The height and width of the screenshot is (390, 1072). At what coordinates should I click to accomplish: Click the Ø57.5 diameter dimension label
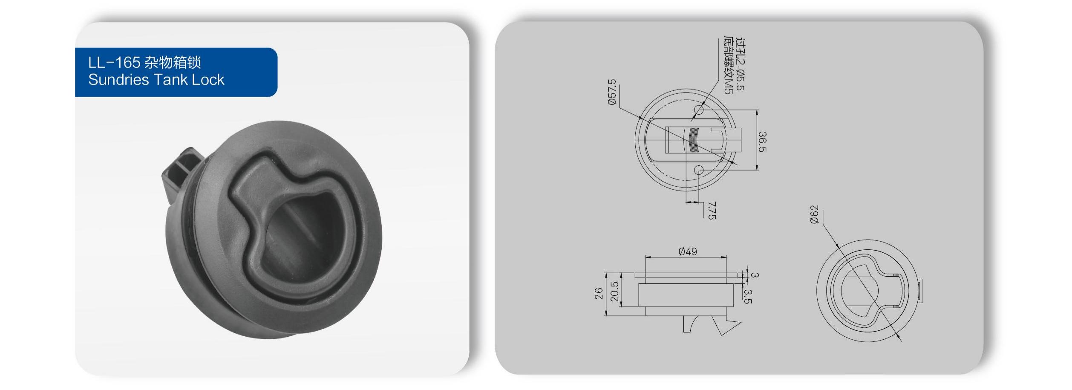[x=612, y=92]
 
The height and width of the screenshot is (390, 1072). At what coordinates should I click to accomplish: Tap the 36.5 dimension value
[x=762, y=142]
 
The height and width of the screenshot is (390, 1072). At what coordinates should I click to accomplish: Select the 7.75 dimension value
[x=712, y=211]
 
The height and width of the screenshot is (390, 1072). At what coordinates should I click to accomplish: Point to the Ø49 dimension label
[x=688, y=251]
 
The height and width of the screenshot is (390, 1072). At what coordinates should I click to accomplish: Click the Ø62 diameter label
[x=814, y=214]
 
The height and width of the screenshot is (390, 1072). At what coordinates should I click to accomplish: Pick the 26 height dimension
[x=599, y=293]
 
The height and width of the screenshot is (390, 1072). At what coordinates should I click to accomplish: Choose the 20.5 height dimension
[x=615, y=292]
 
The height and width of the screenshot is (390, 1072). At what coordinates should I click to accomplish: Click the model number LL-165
[x=114, y=63]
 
